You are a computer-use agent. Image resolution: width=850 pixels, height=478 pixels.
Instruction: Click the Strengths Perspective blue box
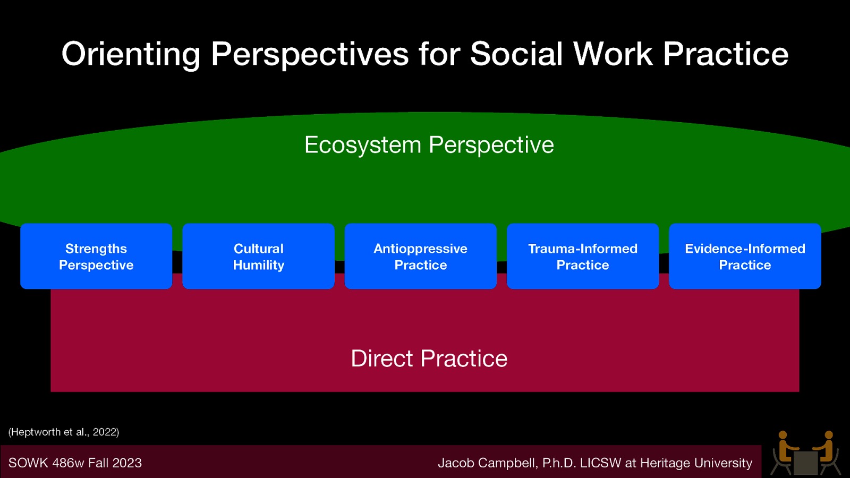96,257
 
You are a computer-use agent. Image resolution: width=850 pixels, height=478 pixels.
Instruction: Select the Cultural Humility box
258,257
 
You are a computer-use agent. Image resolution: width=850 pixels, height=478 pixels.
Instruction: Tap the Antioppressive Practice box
420,257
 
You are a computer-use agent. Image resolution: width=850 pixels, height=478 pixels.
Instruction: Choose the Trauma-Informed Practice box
583,257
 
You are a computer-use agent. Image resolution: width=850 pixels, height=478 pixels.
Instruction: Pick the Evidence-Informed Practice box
745,257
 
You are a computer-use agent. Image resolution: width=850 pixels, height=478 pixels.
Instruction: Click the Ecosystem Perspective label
429,145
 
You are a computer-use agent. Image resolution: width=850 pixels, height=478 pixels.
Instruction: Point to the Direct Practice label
429,358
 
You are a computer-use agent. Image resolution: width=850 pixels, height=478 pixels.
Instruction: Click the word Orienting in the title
131,55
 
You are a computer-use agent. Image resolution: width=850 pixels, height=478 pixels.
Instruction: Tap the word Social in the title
516,55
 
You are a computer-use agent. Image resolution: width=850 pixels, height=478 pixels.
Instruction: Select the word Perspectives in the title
310,55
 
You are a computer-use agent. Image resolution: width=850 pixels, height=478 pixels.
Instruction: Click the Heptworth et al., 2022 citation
64,432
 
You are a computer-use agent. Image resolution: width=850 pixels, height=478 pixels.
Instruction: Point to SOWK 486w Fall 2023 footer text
75,463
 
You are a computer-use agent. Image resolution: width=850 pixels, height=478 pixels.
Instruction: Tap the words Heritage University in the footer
696,463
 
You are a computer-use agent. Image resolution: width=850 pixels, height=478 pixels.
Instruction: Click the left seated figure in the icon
784,451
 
